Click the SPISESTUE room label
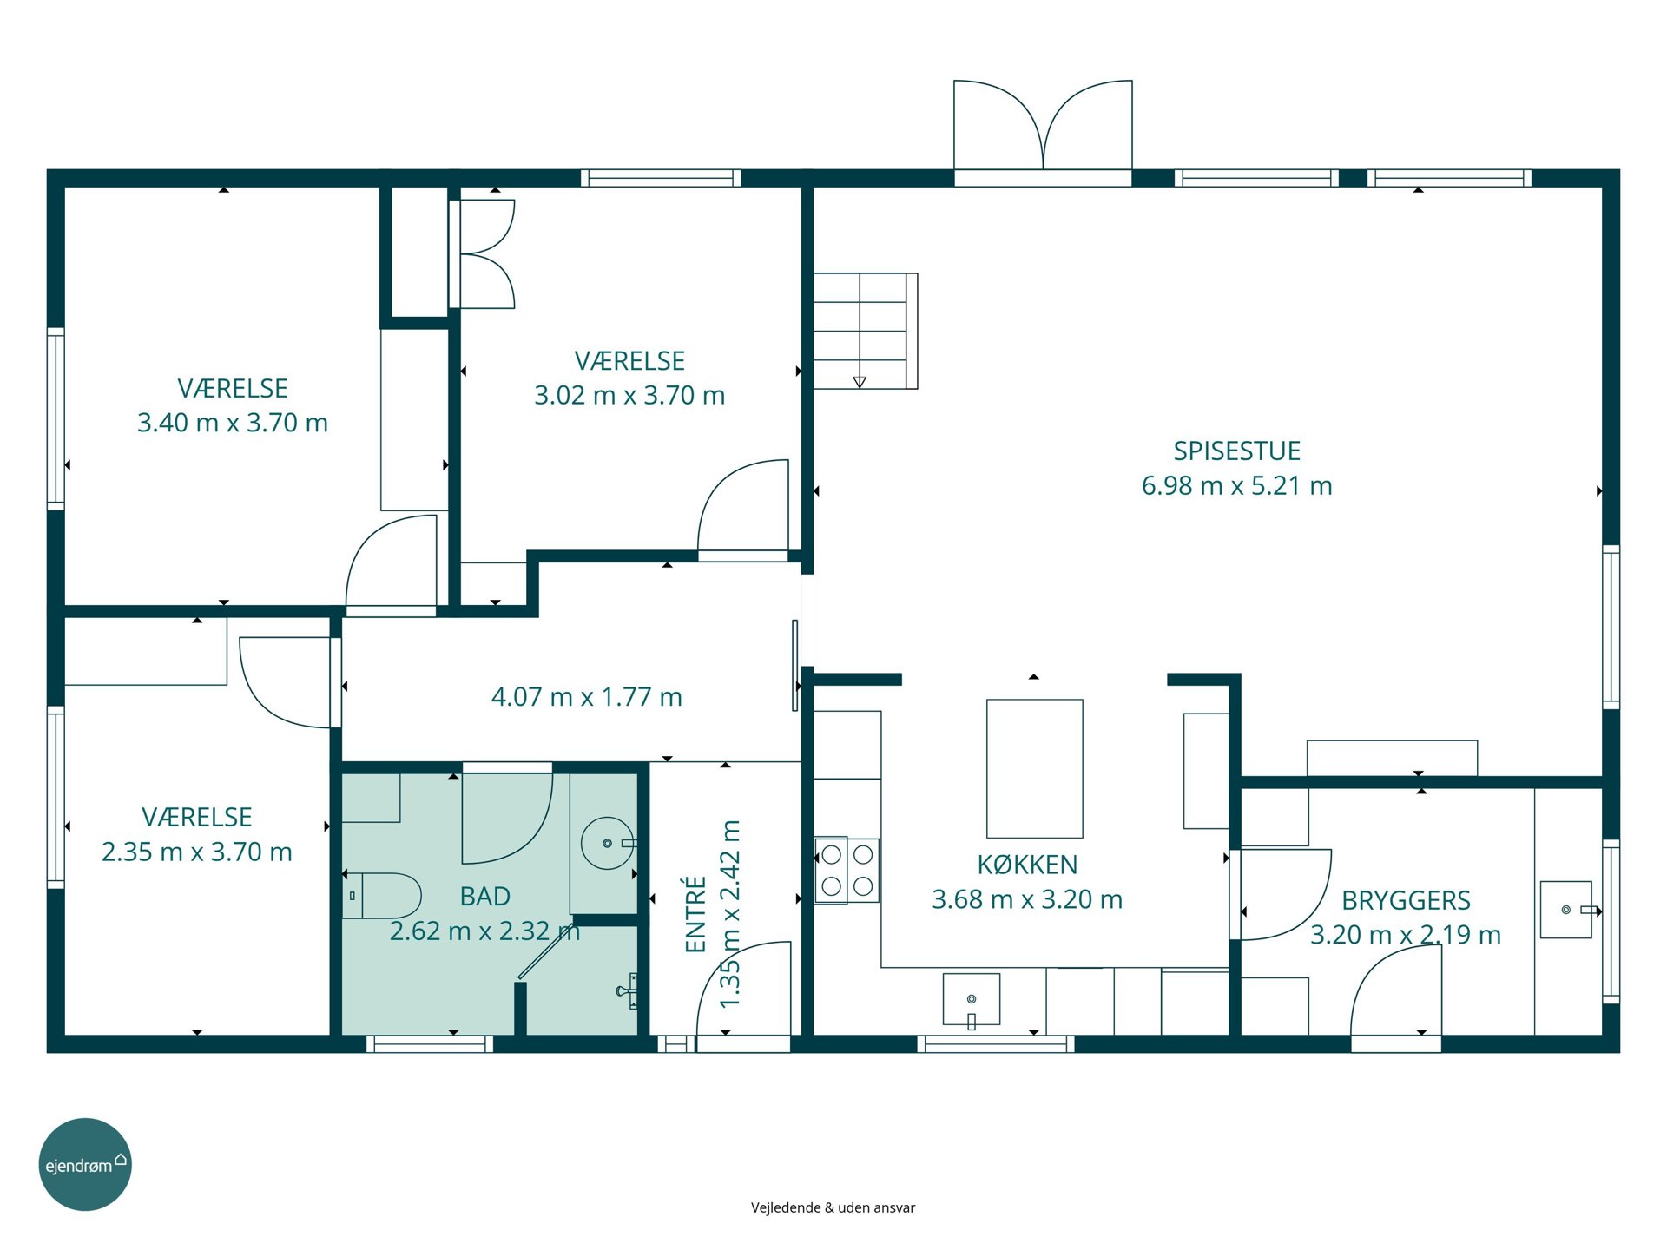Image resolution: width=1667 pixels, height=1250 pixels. [x=1236, y=451]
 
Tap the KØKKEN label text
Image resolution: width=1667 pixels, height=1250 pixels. [x=1027, y=865]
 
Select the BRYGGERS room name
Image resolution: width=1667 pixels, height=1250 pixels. [x=1406, y=901]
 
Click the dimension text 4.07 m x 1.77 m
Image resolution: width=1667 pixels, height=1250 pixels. [x=587, y=697]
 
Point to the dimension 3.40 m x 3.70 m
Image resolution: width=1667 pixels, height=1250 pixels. [x=233, y=423]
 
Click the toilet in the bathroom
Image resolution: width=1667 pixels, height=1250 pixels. [x=382, y=896]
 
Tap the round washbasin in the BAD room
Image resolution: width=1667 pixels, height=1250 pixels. [x=608, y=843]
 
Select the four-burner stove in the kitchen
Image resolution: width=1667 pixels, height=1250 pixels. [x=847, y=871]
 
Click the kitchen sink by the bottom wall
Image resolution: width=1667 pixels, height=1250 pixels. [x=972, y=1000]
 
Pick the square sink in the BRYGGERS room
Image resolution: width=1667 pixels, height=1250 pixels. [x=1567, y=910]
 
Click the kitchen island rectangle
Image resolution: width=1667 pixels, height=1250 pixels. [x=1035, y=768]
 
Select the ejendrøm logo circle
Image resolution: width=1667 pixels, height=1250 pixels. [x=85, y=1164]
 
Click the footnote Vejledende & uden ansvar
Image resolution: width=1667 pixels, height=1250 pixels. [x=833, y=1207]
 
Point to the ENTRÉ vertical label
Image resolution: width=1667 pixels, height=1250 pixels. [x=696, y=914]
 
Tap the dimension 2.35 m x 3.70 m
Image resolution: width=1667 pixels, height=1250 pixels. [x=197, y=852]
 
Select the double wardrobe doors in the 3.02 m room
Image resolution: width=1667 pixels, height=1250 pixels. [x=483, y=254]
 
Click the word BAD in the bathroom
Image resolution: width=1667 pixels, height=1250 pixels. [x=485, y=897]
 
